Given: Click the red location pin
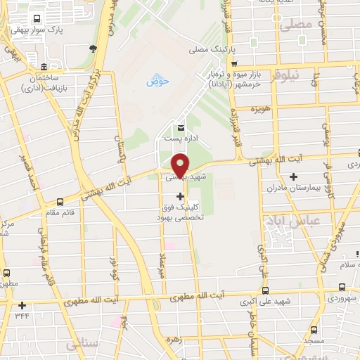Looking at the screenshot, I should point(180,166).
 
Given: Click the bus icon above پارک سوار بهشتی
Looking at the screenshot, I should point(37,19).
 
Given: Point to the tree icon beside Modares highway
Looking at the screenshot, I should point(93,48).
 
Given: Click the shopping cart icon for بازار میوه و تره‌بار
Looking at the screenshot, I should point(233,64).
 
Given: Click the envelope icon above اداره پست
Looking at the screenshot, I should point(181,128).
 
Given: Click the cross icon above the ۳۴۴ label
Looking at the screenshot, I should point(22,305).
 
